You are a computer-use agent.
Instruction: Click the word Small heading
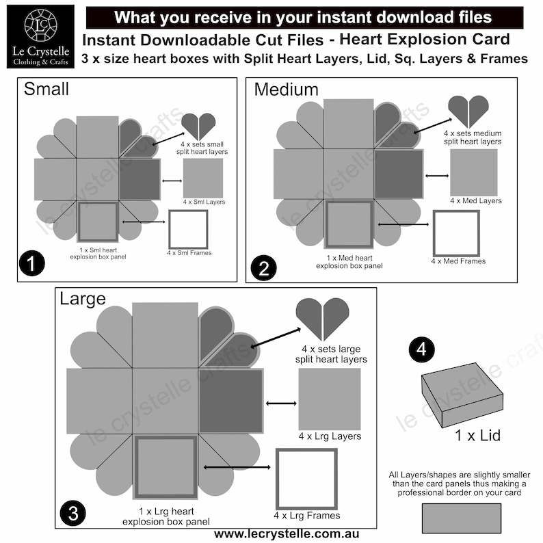[x=47, y=89]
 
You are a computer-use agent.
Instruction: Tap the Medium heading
[x=286, y=89]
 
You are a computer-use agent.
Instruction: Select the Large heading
[x=83, y=299]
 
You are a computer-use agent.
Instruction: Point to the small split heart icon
[x=198, y=127]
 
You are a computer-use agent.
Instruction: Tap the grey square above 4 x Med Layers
[x=474, y=172]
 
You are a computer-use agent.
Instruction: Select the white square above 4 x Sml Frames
[x=188, y=229]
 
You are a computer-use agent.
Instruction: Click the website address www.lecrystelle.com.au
[x=287, y=533]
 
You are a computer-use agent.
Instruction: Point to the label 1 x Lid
[x=477, y=436]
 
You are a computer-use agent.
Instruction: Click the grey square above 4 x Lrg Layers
[x=330, y=399]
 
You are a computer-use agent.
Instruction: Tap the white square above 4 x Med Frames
[x=456, y=233]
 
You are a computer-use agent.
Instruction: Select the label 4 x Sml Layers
[x=204, y=202]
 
